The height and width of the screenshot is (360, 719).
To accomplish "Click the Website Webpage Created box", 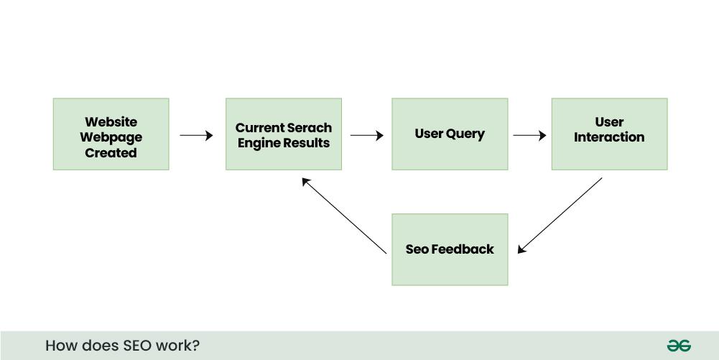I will click(111, 134).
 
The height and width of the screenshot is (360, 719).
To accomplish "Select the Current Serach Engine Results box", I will click(283, 134).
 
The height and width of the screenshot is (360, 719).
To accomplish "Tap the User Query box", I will click(450, 134).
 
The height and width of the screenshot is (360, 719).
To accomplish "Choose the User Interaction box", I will click(609, 134).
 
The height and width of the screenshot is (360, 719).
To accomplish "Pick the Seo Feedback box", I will click(450, 249).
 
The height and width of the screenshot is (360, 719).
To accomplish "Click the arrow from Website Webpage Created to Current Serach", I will click(196, 135).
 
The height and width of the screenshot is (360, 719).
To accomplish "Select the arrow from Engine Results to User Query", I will click(366, 135).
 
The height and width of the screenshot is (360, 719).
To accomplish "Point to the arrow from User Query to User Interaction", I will click(529, 135).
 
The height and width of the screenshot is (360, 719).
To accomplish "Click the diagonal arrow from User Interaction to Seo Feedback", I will click(560, 216).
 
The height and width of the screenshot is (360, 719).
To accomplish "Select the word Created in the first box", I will click(111, 153).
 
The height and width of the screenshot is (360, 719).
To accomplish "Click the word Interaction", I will click(609, 137).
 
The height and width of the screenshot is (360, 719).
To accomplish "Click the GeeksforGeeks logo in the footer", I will click(679, 346).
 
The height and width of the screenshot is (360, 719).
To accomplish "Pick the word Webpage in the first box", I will click(111, 137).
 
